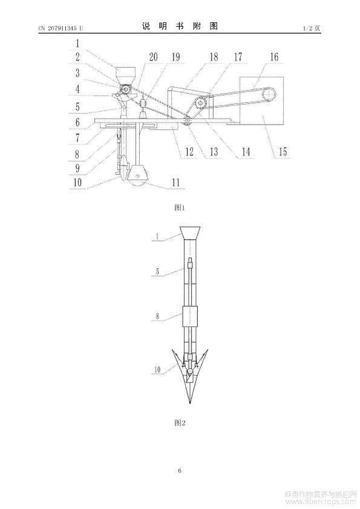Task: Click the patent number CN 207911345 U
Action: point(61,28)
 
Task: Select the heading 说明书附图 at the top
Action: point(180,26)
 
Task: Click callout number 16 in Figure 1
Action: point(274,57)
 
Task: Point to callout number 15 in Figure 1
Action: point(283,151)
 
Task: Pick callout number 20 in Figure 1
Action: point(153,57)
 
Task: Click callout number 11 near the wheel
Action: point(175,182)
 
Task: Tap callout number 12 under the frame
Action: point(189,151)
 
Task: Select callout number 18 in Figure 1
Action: point(214,57)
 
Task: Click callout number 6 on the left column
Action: point(77,122)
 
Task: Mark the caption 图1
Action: point(179,208)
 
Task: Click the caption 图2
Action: point(179,423)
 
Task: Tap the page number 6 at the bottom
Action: point(180,470)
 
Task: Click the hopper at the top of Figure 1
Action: point(125,76)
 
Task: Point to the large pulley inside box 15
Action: point(269,95)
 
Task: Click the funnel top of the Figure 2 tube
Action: point(190,232)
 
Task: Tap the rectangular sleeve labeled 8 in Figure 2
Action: point(190,316)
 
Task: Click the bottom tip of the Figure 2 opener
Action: point(190,403)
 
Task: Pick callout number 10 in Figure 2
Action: point(157,369)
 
